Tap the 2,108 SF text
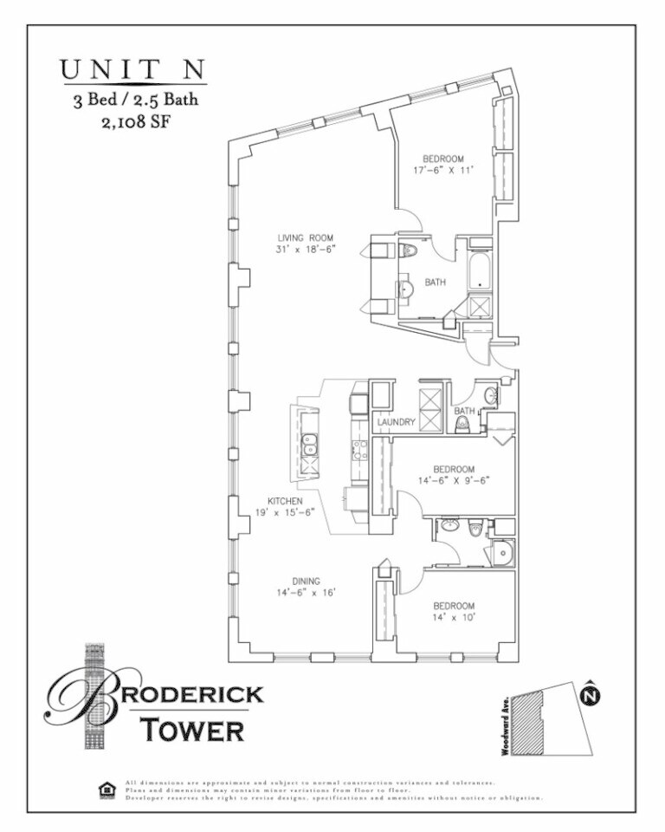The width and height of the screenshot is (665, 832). [134, 121]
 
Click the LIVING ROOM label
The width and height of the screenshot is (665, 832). [305, 237]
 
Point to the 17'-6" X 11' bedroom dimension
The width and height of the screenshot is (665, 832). [442, 172]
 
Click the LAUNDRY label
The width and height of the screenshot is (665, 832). [397, 422]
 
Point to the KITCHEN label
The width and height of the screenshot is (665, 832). [284, 501]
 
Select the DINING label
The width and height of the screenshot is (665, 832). [305, 581]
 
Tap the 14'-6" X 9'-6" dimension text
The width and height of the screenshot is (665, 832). [455, 482]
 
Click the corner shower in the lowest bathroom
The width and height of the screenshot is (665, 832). [500, 551]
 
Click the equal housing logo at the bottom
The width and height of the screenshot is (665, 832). [107, 790]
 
